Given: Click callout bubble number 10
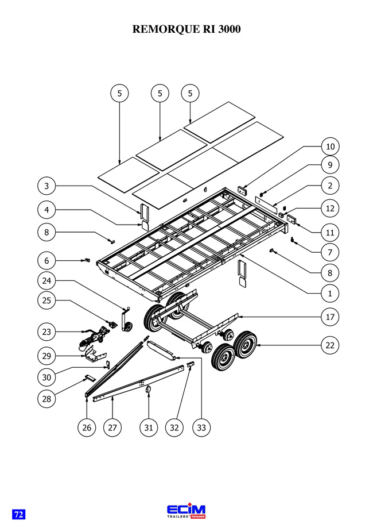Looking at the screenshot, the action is tap(331, 147).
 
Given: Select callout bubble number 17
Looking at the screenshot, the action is tap(330, 317).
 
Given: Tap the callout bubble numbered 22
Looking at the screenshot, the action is tap(330, 345).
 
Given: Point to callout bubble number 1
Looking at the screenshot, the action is tap(330, 293).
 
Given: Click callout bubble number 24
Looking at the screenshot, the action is tap(46, 280).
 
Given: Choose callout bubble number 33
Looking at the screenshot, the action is tap(201, 427).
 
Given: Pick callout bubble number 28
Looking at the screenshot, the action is tap(46, 399).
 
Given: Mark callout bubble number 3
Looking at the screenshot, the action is tap(46, 186).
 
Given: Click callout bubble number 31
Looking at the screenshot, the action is tap(149, 427).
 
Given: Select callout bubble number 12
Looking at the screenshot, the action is tap(330, 209).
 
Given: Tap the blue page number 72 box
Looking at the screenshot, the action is tap(19, 514).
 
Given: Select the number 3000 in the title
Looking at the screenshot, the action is tap(230, 29).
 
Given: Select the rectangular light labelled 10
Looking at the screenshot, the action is tap(242, 190).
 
